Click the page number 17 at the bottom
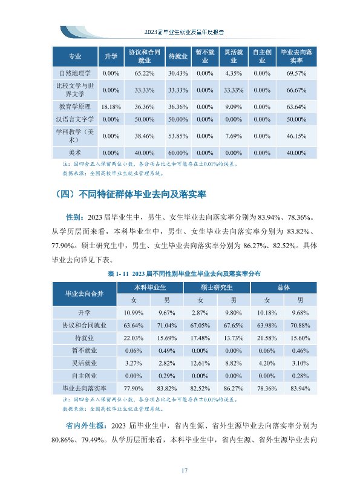pyautogui.click(x=184, y=471)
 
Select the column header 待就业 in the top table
pyautogui.click(x=178, y=56)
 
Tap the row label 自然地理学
pyautogui.click(x=75, y=73)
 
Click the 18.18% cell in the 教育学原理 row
pyautogui.click(x=111, y=107)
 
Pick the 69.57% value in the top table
pyautogui.click(x=296, y=74)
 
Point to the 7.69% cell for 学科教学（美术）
pyautogui.click(x=234, y=136)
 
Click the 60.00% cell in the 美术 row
pyautogui.click(x=178, y=153)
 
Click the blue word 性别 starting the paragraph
pyautogui.click(x=74, y=217)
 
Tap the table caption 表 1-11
pyautogui.click(x=118, y=274)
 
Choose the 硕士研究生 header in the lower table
pyautogui.click(x=217, y=287)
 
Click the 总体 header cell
pyautogui.click(x=284, y=287)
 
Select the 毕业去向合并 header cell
pyautogui.click(x=85, y=294)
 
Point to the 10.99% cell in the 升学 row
pyautogui.click(x=133, y=313)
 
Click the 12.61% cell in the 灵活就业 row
pyautogui.click(x=200, y=364)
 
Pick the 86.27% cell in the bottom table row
pyautogui.click(x=234, y=389)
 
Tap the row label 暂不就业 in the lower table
pyautogui.click(x=85, y=350)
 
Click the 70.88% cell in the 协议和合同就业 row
pyautogui.click(x=300, y=326)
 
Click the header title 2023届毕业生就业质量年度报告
pyautogui.click(x=184, y=32)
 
